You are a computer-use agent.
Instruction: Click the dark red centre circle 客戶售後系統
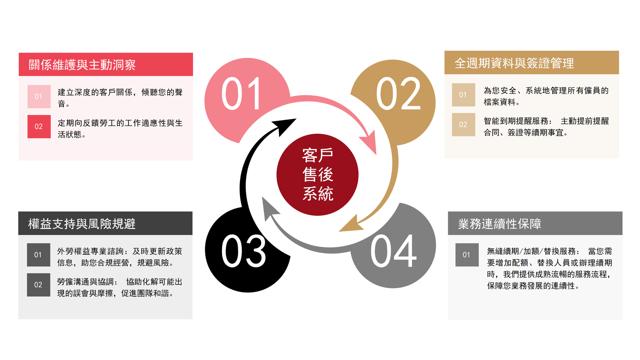[x=317, y=175]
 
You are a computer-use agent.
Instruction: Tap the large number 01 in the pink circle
[x=241, y=94]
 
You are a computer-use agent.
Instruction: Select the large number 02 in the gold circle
[x=398, y=94]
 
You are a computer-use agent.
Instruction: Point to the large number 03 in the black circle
[x=244, y=251]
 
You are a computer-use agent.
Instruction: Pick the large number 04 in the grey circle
[x=394, y=251]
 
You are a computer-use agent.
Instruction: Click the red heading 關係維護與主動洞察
[x=82, y=65]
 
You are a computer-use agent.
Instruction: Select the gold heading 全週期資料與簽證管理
[x=514, y=63]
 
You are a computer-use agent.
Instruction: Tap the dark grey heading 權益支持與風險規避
[x=82, y=223]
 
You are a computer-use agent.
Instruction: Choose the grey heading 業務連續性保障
[x=500, y=223]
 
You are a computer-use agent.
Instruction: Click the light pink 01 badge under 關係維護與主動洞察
[x=39, y=97]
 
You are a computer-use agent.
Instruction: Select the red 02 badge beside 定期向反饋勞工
[x=39, y=126]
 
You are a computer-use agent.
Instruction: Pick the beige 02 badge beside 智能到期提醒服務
[x=463, y=125]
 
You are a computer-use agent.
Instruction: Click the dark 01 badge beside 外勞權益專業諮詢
[x=38, y=255]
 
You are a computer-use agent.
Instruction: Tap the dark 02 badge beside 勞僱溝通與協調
[x=38, y=285]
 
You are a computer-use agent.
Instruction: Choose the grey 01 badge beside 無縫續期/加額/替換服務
[x=467, y=255]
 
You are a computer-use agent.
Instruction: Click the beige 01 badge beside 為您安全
[x=463, y=95]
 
